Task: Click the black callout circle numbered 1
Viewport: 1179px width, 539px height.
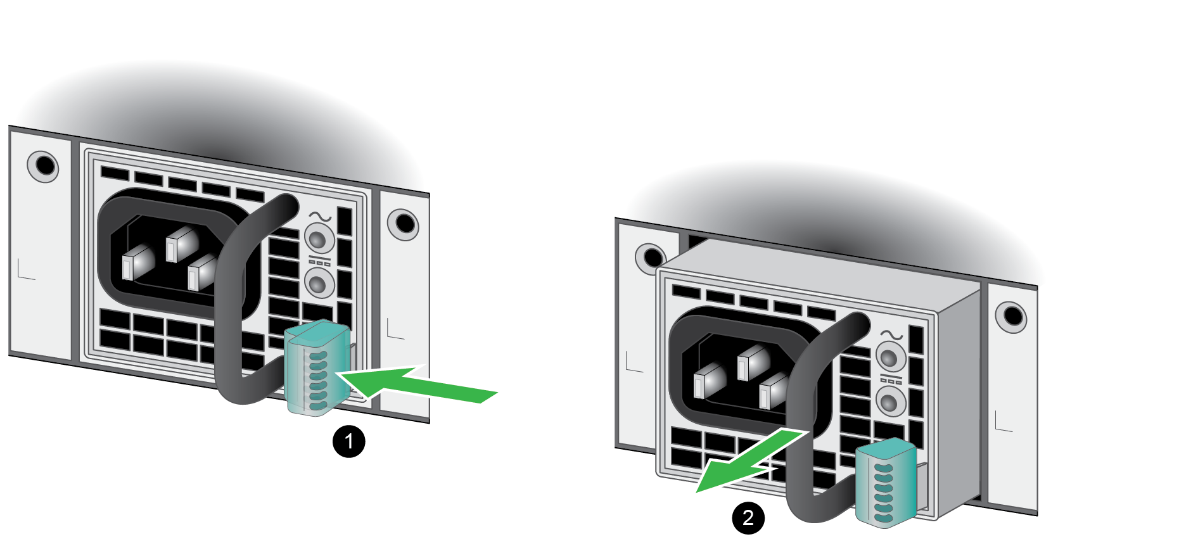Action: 348,441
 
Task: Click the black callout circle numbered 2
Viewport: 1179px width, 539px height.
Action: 748,517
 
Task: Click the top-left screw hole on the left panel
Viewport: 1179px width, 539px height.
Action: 43,166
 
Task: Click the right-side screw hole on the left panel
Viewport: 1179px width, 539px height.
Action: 403,224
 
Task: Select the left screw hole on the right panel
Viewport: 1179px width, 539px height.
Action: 650,258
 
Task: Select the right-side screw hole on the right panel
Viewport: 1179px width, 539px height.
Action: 1011,316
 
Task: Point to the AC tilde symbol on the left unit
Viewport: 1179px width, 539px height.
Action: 320,217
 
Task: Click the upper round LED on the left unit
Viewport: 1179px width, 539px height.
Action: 319,239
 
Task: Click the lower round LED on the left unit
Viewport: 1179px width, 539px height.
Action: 319,282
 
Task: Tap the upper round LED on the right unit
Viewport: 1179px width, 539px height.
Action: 891,357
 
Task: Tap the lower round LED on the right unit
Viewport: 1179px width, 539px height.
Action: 891,401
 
